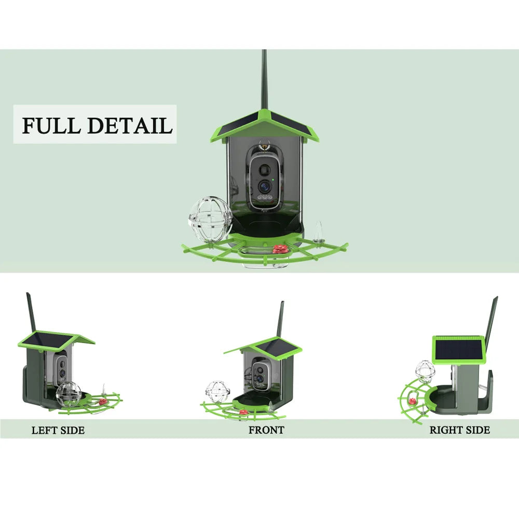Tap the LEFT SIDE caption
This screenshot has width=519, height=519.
click(x=58, y=430)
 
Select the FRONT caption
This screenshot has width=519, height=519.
click(x=266, y=430)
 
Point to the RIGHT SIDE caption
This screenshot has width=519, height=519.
click(x=459, y=430)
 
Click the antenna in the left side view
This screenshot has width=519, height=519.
click(x=31, y=311)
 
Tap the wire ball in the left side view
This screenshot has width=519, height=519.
click(x=69, y=393)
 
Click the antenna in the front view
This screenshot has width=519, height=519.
click(x=281, y=319)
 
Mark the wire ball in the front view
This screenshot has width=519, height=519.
click(x=214, y=391)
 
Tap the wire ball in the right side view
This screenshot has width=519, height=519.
click(x=425, y=371)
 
